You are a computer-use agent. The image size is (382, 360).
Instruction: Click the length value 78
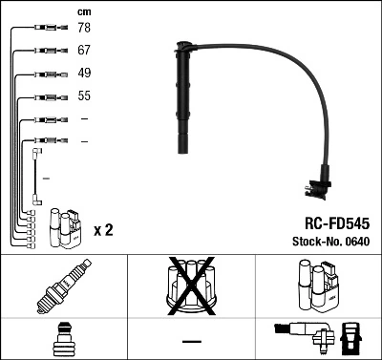point(84,29)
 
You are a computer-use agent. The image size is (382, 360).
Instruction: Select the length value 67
point(84,51)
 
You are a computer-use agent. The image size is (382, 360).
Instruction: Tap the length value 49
point(84,74)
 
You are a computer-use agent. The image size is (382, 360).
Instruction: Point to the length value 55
point(84,96)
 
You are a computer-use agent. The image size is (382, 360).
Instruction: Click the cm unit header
point(83,11)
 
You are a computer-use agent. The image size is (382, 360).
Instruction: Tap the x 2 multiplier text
point(104,231)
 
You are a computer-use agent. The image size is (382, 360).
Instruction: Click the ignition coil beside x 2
point(64,227)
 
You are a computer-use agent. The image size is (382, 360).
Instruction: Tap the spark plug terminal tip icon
point(63,340)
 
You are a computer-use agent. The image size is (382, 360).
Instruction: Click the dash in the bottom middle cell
point(190,341)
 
